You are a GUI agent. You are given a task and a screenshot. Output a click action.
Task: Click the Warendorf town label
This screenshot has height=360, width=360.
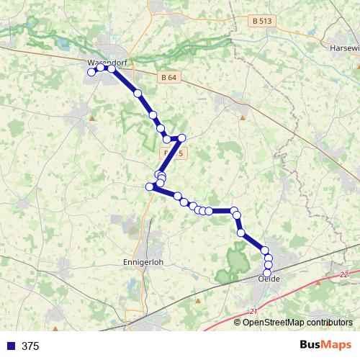[x=106, y=63]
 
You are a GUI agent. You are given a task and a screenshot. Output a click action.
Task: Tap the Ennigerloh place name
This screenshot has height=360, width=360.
[x=145, y=262]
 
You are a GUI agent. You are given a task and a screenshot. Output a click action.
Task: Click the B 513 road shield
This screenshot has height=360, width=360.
[x=263, y=22]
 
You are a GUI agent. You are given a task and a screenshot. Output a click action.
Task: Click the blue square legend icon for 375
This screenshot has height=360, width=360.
[x=11, y=346]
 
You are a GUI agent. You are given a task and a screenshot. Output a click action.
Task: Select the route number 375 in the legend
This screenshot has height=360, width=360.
[x=30, y=346]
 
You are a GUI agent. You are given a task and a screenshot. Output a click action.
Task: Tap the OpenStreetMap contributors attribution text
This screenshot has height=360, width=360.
[x=297, y=322]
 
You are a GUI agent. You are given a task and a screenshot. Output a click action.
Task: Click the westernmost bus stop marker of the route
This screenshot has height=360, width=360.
[x=91, y=72]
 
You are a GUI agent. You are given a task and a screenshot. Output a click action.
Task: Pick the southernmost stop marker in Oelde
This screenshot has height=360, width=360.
[x=268, y=274]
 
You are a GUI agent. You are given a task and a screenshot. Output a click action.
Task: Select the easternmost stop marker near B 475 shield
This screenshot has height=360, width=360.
[x=182, y=138]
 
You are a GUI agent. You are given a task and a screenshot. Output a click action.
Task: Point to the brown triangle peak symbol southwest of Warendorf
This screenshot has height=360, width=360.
[x=92, y=115]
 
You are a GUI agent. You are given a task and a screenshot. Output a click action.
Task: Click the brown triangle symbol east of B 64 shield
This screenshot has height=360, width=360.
[x=243, y=117]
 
